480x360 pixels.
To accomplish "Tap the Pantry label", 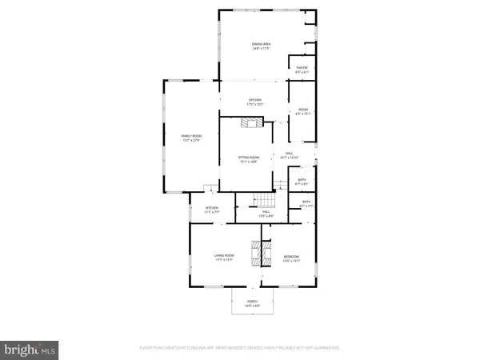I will click(x=302, y=68).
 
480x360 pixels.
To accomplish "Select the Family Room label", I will click(x=190, y=136).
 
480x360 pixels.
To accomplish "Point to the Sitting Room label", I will click(x=250, y=157).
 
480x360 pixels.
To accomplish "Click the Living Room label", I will click(x=223, y=255).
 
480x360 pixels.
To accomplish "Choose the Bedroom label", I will click(x=291, y=256).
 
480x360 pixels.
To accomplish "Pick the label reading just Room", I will click(x=304, y=110).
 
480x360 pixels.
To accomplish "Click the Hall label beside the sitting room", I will click(x=289, y=154).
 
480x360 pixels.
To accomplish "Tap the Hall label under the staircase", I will click(x=264, y=212).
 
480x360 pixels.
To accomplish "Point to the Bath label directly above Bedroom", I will click(x=306, y=202).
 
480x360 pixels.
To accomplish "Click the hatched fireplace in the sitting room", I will click(x=252, y=122).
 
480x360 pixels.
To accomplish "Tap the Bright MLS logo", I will click(x=30, y=348).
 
